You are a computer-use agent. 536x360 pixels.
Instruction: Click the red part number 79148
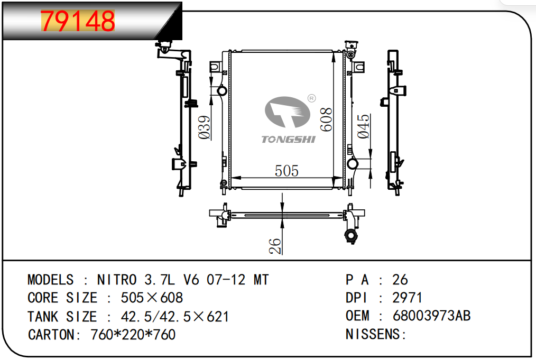tap(78, 21)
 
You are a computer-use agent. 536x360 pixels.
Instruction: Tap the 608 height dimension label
tap(326, 119)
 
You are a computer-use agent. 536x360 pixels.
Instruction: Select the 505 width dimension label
tap(287, 171)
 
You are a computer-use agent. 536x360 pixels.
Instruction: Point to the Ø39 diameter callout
tap(205, 127)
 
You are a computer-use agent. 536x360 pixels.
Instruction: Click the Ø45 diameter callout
tap(363, 126)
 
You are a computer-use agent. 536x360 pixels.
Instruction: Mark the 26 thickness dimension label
tap(275, 246)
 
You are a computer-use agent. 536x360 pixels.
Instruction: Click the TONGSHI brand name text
tap(288, 139)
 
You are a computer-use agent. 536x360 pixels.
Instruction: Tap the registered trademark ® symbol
tap(311, 98)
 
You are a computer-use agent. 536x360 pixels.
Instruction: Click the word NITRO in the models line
tap(117, 280)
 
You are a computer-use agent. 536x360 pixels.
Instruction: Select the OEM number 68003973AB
tap(431, 316)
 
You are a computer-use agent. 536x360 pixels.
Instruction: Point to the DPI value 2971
tap(407, 298)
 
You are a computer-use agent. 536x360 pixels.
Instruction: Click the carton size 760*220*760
tap(133, 334)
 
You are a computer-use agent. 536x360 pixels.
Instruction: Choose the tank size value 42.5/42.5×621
tap(174, 317)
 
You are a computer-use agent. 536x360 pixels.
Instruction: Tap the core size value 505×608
tap(152, 298)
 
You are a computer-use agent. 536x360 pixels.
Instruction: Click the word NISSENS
tap(373, 334)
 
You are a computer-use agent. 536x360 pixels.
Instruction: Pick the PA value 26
tap(400, 280)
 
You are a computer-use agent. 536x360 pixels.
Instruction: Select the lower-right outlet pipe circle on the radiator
tap(353, 164)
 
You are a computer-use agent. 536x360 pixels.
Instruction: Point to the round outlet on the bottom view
tap(350, 236)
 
